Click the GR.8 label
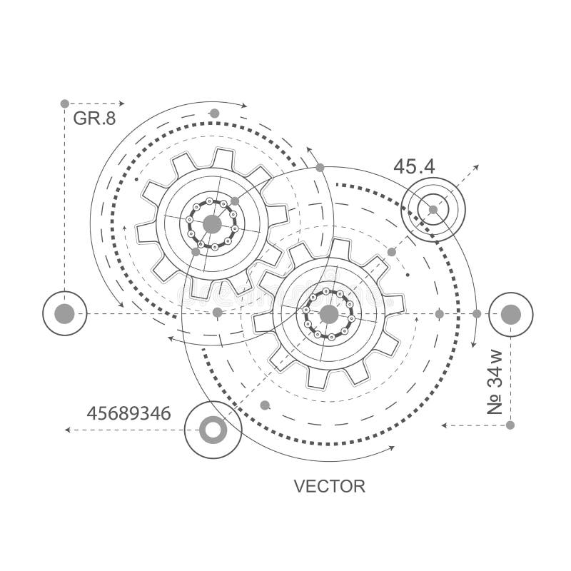pos(94,118)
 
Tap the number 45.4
pos(414,167)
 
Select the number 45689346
pos(128,413)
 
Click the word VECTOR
pos(329,487)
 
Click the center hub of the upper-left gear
pos(212,224)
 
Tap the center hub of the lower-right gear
pos(328,314)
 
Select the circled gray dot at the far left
pos(65,313)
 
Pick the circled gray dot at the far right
pos(511,314)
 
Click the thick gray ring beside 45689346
pos(213,430)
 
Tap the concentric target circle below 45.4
pos(433,209)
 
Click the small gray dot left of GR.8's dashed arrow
pos(65,103)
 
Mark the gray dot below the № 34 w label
pos(510,425)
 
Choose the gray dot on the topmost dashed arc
pos(214,113)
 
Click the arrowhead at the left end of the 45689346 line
pos(67,430)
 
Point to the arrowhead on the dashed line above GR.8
pos(122,103)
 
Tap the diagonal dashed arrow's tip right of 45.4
pos(477,166)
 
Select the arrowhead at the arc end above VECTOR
pos(392,448)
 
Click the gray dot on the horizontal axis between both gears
pos(218,313)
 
